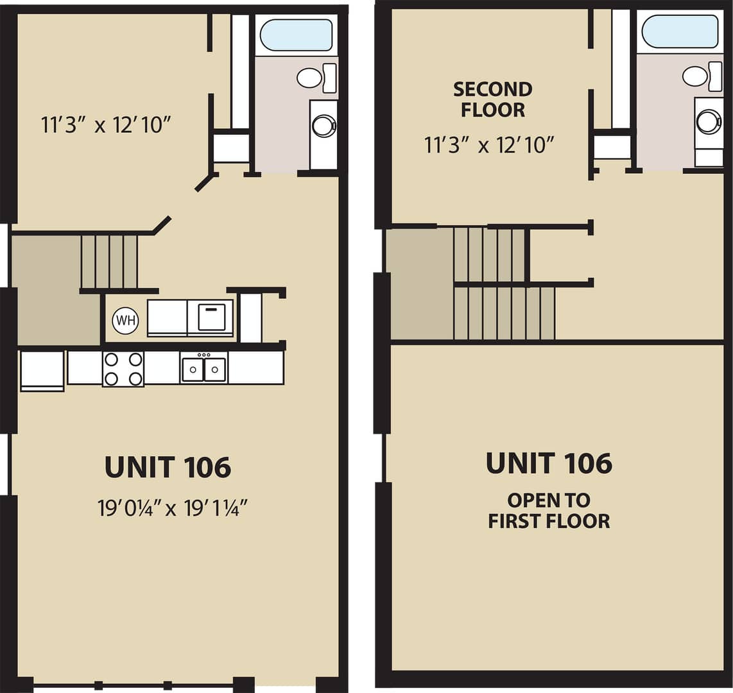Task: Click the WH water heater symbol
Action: tap(126, 320)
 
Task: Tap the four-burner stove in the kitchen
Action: tap(123, 369)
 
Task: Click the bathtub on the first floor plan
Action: tap(297, 34)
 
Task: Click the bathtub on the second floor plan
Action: tap(680, 31)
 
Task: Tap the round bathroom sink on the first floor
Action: tap(323, 125)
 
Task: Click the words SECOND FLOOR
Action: tap(493, 99)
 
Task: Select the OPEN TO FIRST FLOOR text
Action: tap(549, 511)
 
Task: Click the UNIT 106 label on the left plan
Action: tap(168, 467)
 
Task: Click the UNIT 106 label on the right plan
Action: tap(549, 463)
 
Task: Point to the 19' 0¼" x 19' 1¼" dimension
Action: tap(172, 508)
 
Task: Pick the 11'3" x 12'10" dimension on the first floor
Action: tap(106, 124)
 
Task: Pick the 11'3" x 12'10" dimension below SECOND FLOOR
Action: tap(489, 145)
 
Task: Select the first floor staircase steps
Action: tap(109, 262)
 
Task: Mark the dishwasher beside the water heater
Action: tap(211, 318)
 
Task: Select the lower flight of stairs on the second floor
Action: tap(504, 313)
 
